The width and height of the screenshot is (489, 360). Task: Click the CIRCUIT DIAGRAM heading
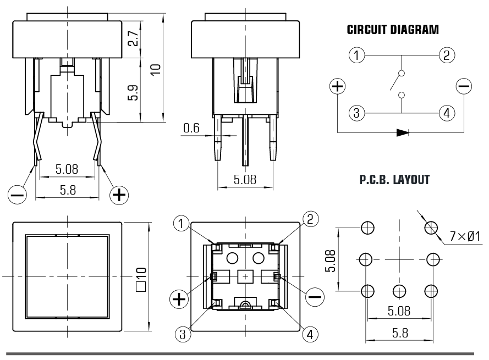click(x=393, y=30)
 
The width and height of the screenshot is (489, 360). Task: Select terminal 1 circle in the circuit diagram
click(x=357, y=55)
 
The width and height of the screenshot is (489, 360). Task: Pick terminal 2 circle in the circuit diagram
click(x=446, y=55)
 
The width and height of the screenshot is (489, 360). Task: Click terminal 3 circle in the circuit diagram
click(x=357, y=113)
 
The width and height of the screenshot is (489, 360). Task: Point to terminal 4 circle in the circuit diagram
click(x=446, y=113)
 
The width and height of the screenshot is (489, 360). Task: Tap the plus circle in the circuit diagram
click(x=337, y=86)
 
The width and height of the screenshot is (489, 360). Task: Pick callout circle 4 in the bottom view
click(x=310, y=334)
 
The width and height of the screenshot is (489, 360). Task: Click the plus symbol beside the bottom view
click(x=179, y=298)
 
